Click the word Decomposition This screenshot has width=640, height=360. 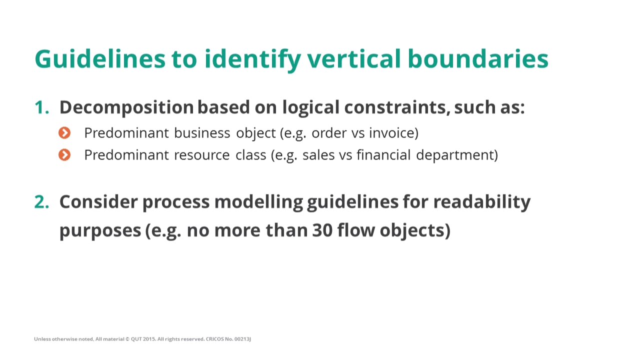126,107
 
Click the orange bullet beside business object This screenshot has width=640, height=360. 64,133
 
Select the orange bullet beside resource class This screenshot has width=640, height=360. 64,155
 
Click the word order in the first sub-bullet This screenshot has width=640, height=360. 325,133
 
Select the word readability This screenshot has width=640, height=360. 481,201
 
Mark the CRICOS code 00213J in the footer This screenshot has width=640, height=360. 242,339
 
